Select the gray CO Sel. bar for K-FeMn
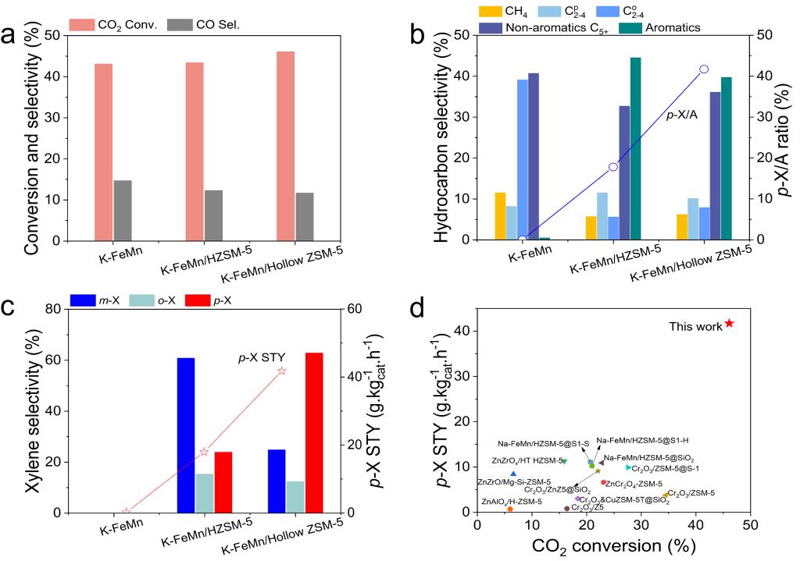point(123,210)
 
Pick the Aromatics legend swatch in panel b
point(631,27)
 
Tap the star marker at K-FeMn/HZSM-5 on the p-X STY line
point(204,452)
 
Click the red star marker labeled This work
point(729,323)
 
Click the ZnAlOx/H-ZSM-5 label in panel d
point(512,501)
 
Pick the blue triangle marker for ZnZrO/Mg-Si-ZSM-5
point(513,474)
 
